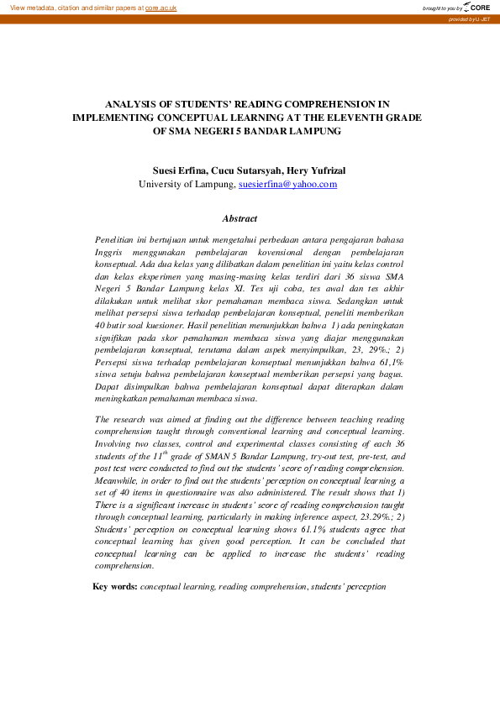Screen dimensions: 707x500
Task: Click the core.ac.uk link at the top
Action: (x=161, y=7)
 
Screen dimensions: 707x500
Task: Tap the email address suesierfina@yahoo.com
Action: (x=287, y=184)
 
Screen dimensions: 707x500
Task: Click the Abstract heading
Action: (x=239, y=219)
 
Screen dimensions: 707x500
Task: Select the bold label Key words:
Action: (x=115, y=586)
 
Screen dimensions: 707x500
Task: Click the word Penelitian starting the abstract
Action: (x=116, y=239)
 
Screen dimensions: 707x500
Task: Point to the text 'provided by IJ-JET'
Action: (x=471, y=18)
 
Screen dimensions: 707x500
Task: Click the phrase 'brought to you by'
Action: (x=442, y=8)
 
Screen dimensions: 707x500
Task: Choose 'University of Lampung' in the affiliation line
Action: (x=187, y=184)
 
